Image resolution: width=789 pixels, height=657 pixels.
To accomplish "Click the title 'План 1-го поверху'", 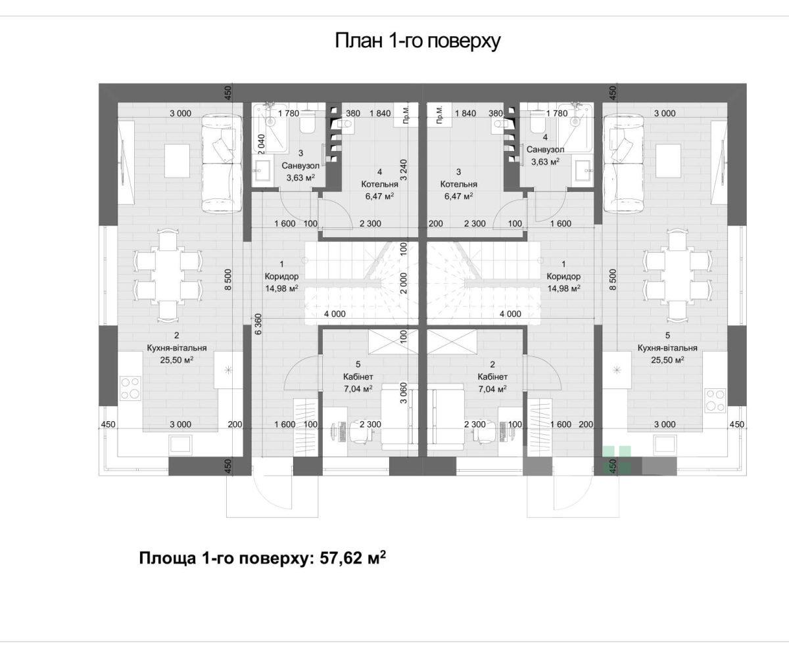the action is click(418, 41).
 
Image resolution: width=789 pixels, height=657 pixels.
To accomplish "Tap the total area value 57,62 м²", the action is click(353, 557).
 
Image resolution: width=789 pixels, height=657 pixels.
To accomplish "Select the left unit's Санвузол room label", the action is click(300, 166).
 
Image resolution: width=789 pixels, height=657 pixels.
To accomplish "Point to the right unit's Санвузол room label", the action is click(545, 149).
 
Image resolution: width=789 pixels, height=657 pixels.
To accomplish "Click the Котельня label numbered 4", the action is click(380, 184).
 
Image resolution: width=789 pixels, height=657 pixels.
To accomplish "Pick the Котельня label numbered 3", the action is click(459, 184).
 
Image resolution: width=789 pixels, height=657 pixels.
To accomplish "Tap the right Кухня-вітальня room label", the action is click(667, 348).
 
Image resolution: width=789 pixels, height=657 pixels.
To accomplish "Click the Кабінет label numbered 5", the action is click(358, 376).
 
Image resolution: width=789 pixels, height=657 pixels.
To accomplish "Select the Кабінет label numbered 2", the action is click(492, 376).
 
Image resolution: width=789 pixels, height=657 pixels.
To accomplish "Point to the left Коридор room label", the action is click(281, 276).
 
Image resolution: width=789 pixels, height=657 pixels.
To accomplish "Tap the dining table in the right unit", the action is click(677, 276).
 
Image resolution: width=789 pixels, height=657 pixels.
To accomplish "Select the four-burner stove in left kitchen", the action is click(130, 388).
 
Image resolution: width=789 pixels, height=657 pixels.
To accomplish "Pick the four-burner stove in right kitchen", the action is click(715, 400).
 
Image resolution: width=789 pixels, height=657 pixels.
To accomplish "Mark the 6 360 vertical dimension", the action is click(258, 324).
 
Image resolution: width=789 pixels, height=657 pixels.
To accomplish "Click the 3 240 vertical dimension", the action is click(404, 170).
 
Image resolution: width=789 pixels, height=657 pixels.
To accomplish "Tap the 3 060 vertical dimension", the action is click(404, 393).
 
